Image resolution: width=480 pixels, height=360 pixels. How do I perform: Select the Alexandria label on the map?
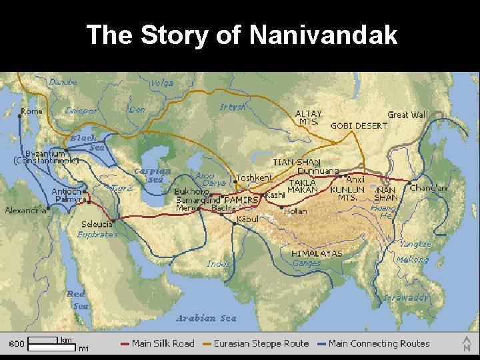click(26, 210)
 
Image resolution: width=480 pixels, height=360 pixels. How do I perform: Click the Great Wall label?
click(407, 115)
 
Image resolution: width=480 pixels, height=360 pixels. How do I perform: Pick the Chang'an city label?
click(429, 188)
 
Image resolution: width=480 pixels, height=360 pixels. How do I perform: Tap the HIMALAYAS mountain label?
click(317, 253)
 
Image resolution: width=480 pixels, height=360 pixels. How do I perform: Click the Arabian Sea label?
click(206, 318)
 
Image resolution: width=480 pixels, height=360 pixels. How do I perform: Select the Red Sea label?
click(77, 299)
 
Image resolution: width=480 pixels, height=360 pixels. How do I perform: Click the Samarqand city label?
click(197, 200)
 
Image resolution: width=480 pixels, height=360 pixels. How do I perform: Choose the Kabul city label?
click(247, 219)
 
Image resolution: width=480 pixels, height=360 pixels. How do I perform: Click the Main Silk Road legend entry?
click(163, 343)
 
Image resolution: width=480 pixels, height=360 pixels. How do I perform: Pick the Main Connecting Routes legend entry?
click(379, 343)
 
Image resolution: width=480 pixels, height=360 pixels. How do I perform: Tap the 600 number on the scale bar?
click(17, 344)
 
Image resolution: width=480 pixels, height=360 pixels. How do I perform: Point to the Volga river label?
click(162, 83)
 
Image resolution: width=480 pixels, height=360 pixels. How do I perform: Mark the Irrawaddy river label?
click(406, 298)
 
